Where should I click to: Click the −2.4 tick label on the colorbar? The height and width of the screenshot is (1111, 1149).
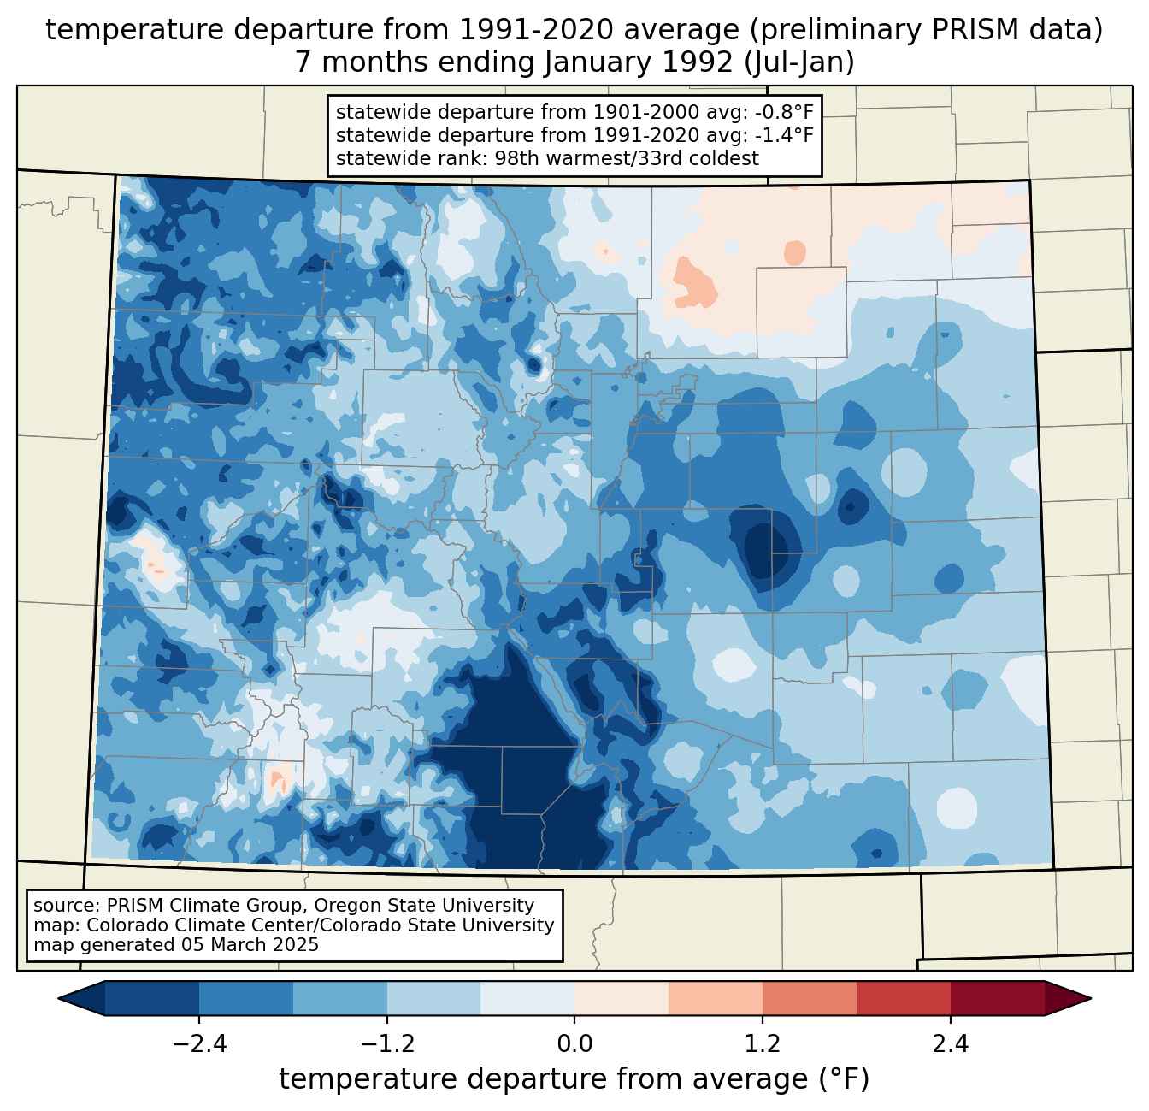pos(199,1044)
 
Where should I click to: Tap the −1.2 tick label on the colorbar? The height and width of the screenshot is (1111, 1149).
pos(386,1044)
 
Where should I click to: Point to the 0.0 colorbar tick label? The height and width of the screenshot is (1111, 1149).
pos(574,1044)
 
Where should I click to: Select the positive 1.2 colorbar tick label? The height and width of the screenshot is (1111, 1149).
pos(763,1044)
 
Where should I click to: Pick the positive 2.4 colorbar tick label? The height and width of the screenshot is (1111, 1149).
pos(950,1044)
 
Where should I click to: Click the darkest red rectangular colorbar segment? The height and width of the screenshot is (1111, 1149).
pos(997,998)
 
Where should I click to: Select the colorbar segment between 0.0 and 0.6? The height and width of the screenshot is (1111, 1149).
pos(622,998)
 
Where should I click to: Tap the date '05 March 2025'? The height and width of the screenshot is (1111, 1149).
pos(250,945)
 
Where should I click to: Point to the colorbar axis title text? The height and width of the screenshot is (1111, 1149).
pos(574,1079)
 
